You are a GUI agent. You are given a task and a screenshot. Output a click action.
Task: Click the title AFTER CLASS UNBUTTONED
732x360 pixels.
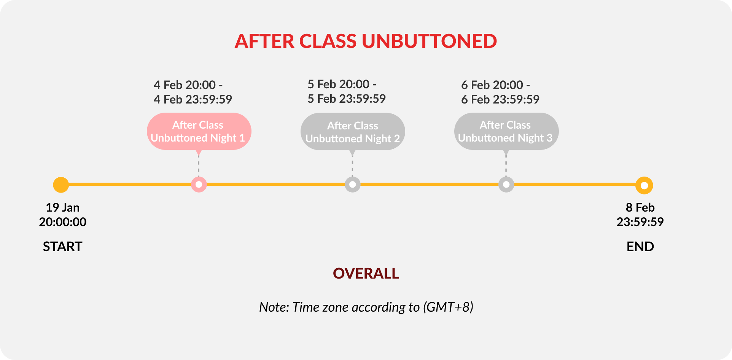[x=366, y=41]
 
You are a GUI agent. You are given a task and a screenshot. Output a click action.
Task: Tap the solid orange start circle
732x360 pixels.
[x=61, y=185]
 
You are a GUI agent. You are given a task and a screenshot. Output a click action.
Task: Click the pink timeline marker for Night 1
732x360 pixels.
[x=199, y=185]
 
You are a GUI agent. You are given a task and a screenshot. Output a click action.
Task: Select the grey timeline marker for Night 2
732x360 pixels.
[x=353, y=185]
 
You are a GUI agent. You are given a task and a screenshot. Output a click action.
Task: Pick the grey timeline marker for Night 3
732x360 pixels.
[x=506, y=185]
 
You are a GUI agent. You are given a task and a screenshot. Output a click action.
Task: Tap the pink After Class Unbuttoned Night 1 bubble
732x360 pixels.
[x=199, y=131]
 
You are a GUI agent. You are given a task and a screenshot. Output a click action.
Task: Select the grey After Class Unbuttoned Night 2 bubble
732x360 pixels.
[x=353, y=132]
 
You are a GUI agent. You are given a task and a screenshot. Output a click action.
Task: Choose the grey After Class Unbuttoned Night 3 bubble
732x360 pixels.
[x=506, y=131]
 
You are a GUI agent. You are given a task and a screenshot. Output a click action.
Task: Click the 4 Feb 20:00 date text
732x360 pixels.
[x=185, y=85]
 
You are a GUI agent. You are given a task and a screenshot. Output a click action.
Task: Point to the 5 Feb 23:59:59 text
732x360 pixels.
[x=347, y=99]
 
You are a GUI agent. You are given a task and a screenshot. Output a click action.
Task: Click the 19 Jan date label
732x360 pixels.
[x=63, y=207]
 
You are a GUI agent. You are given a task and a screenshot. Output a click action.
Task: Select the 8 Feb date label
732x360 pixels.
[x=640, y=207]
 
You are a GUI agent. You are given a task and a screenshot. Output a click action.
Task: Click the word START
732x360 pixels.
[x=62, y=247]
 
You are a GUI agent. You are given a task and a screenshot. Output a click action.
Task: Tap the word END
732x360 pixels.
[x=640, y=247]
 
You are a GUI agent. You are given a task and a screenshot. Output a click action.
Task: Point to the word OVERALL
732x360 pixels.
[x=366, y=274]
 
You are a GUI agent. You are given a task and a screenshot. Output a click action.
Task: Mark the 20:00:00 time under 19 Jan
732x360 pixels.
[x=63, y=222]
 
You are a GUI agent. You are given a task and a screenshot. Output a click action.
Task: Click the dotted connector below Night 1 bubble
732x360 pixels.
[x=199, y=166]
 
